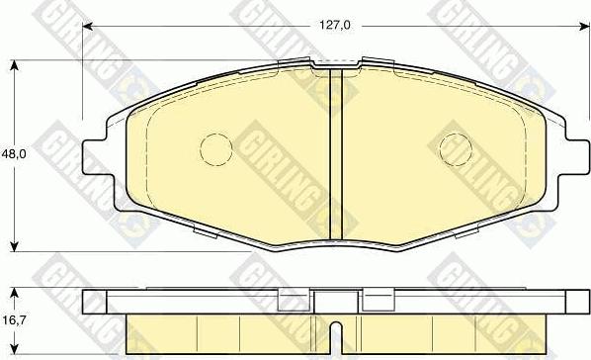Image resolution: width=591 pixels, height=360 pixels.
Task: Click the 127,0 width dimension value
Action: (x=335, y=26)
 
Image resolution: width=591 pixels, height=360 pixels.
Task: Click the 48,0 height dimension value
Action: (x=13, y=154)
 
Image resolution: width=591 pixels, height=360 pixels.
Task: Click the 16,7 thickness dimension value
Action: (x=13, y=320)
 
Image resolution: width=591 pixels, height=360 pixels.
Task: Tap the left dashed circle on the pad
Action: (x=216, y=149)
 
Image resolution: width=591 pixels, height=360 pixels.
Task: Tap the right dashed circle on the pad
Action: (x=456, y=149)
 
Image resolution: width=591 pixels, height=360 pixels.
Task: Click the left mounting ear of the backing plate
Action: (x=94, y=156)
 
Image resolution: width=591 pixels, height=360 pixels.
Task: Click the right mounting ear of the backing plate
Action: (x=577, y=156)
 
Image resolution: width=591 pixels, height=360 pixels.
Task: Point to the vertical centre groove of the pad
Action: (x=335, y=154)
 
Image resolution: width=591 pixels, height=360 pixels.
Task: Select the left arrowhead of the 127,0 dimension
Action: (x=87, y=26)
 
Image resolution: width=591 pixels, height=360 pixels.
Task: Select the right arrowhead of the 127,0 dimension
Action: (x=584, y=26)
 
